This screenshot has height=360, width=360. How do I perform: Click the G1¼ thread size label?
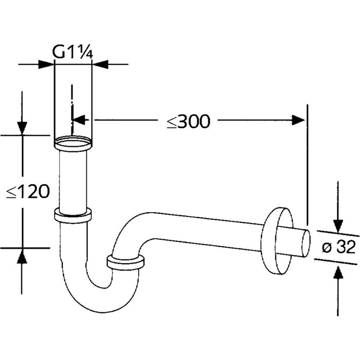[x=73, y=52]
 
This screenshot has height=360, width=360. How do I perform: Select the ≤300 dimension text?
[x=188, y=121]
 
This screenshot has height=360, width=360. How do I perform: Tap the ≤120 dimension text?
[x=28, y=191]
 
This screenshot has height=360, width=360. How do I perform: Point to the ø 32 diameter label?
[x=339, y=247]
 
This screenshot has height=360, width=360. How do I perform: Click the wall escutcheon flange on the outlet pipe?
[x=276, y=241]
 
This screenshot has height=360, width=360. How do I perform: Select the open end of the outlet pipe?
[x=307, y=244]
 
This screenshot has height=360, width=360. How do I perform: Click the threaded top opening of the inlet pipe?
[x=73, y=142]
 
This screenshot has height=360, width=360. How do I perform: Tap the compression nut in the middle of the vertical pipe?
[x=73, y=215]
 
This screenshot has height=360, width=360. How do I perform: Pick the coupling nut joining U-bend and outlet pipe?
[x=125, y=262]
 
